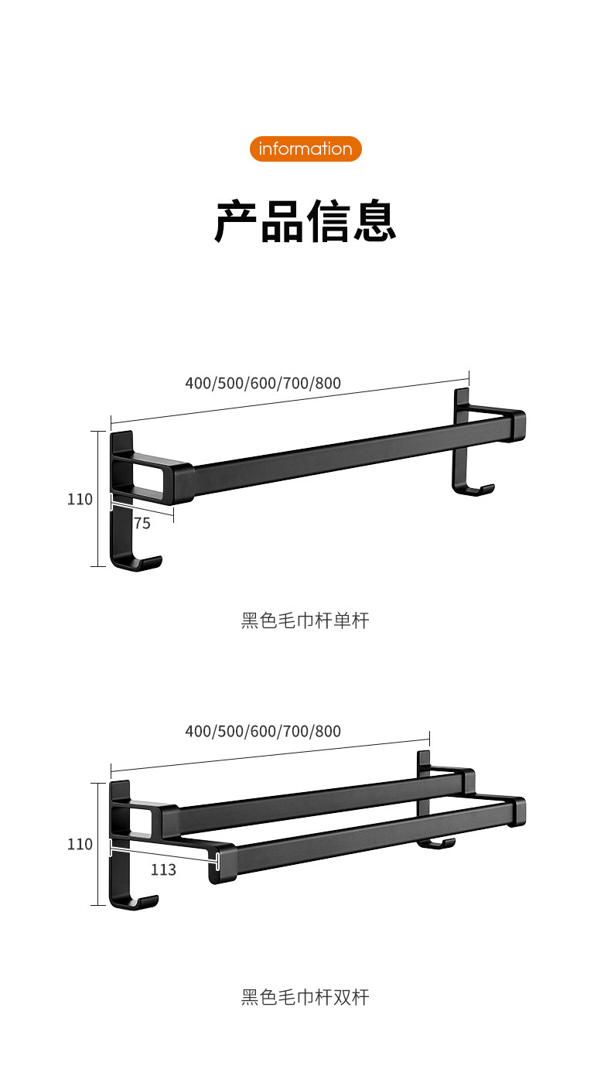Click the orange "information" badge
tap(305, 149)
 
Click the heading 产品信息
tap(305, 222)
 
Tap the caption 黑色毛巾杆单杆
tap(305, 620)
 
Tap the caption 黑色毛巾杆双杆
tap(305, 997)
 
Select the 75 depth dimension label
tap(142, 524)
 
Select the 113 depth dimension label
tap(163, 870)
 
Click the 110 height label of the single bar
tap(80, 499)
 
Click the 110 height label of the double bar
tap(80, 844)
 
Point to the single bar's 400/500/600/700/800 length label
tap(263, 382)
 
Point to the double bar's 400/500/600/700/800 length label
tap(263, 731)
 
